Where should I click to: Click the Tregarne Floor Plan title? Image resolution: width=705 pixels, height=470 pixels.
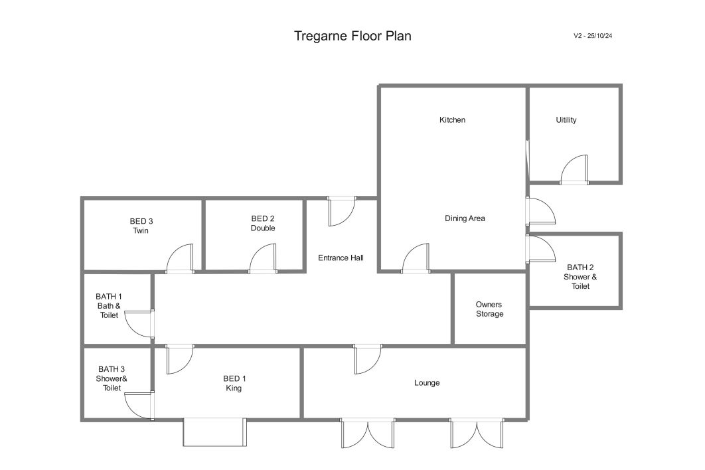coord(352,36)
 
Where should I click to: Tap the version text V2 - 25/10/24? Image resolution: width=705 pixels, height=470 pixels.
coord(593,36)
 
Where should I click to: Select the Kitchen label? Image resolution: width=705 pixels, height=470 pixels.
coord(452,120)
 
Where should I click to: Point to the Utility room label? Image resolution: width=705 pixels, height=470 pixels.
coord(566,120)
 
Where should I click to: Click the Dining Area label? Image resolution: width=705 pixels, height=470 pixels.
coord(465,218)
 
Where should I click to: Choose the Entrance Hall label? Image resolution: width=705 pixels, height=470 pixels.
coord(341,258)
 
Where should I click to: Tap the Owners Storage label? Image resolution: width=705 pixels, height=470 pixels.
coord(490,309)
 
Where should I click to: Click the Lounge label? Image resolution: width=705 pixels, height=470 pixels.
coord(427,383)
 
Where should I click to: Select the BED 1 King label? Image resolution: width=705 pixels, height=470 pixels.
coord(234,383)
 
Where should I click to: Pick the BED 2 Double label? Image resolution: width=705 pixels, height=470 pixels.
coord(263,224)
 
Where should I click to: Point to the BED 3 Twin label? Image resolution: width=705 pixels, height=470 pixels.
coord(141,226)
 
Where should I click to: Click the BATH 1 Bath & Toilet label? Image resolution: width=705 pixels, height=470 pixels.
coord(109,306)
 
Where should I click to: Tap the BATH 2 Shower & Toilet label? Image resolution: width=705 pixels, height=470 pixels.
coord(580,277)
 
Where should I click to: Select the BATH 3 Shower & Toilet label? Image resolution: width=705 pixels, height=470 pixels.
coord(112,378)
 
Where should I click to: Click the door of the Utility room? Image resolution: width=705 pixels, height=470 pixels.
coord(574,169)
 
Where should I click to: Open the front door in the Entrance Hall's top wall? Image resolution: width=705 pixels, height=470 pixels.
coord(341,211)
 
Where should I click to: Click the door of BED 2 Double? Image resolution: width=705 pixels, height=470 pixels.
coord(263,259)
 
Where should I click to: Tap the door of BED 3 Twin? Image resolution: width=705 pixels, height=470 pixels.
coord(180,259)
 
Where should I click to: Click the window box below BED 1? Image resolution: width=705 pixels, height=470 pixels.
coord(215,432)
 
